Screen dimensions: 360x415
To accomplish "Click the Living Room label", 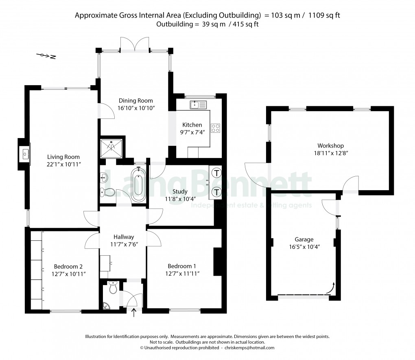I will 63,157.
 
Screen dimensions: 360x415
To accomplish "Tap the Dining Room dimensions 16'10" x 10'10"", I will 135,108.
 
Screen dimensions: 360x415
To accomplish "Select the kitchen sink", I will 199,105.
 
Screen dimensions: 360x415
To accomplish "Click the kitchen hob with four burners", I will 215,128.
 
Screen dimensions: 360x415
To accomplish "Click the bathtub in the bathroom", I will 138,185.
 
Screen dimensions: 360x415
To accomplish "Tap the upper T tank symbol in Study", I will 217,173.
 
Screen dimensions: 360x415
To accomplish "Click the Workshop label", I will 330,146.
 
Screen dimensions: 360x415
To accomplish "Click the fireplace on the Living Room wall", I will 25,154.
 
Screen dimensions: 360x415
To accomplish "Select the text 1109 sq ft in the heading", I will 324,15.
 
